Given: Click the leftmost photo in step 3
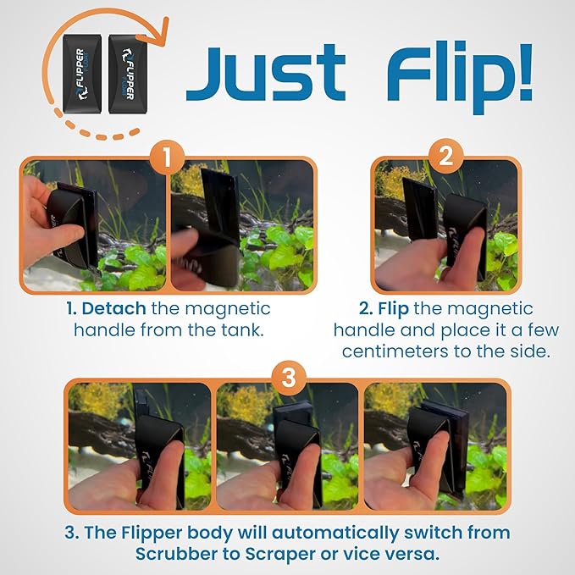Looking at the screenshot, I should pyautogui.click(x=138, y=446).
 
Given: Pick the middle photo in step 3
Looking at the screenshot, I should pyautogui.click(x=286, y=446).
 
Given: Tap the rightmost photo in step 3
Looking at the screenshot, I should pyautogui.click(x=435, y=446).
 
